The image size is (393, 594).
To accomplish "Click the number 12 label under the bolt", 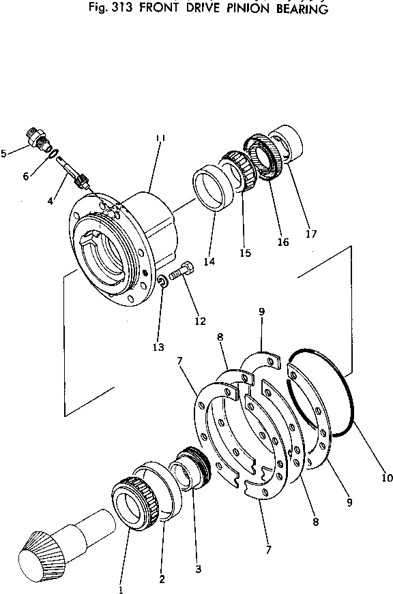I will pos(200,322).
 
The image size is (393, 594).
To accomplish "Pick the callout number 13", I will pos(158,347).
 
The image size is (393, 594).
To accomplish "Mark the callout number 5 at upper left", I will pos(5,153).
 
